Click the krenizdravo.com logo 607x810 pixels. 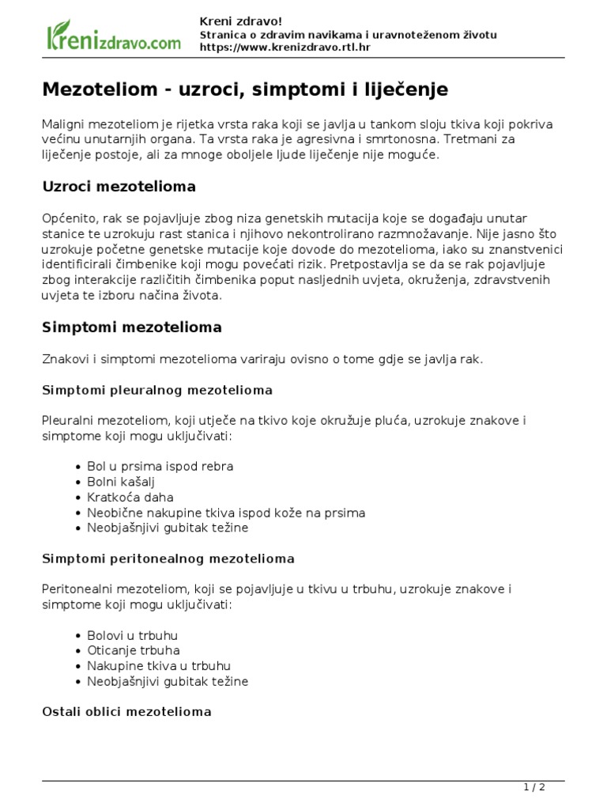click(113, 36)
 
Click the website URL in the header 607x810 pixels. click(285, 47)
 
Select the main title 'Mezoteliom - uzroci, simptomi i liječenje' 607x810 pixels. click(245, 90)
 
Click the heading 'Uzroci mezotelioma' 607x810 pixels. click(119, 187)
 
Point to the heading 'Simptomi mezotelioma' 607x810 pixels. click(131, 327)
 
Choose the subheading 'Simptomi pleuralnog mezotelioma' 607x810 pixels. click(156, 390)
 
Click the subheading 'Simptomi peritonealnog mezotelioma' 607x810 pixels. click(168, 558)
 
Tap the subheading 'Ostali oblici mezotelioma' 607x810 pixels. click(126, 712)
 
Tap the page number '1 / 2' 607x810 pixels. click(534, 787)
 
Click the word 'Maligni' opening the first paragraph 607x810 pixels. click(62, 125)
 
